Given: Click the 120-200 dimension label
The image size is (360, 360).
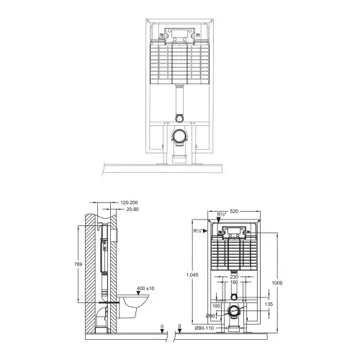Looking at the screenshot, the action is (129, 202).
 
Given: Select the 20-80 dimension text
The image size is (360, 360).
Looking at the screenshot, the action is (132, 210).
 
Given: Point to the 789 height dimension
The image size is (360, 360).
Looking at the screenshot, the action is (78, 264).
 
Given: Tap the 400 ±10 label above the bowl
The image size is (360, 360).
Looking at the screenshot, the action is (145, 288).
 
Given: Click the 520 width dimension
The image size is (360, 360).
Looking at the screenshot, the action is (234, 211).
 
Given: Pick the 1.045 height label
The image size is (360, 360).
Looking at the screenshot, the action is (192, 275).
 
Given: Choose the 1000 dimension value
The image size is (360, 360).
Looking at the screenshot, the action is (277, 283).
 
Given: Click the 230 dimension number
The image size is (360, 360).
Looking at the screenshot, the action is (234, 276).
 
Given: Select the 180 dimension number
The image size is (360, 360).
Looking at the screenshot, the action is (234, 282).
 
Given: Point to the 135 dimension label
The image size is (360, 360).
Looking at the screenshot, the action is (269, 304).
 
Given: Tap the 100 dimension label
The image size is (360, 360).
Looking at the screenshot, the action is (216, 306).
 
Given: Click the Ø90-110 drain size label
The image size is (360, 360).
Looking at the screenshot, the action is (204, 328).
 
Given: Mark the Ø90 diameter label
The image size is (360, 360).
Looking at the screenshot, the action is (210, 316).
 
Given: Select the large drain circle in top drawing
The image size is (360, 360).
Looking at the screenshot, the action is (179, 136).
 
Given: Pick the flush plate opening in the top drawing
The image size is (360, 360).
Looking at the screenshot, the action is (179, 33).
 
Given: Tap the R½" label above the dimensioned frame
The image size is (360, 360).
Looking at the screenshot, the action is (222, 215).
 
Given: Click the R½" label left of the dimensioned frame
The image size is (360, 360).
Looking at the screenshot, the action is (198, 231).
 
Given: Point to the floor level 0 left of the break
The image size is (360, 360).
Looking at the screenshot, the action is (162, 326).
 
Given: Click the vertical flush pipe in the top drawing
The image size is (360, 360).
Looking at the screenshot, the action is (179, 101).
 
